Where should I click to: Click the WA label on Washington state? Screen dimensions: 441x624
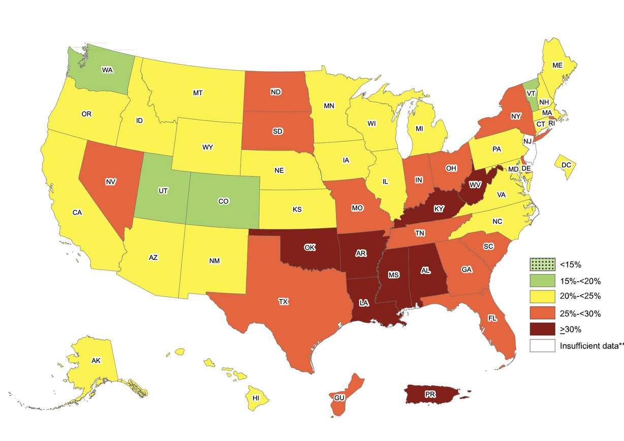point(107,70)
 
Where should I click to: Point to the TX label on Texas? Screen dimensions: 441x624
point(283,302)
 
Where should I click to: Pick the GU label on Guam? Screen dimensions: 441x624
point(339,397)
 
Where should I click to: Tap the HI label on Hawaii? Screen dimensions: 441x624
point(257,398)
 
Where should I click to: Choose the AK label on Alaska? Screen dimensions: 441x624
point(96,361)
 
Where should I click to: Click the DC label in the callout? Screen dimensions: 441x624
point(566,164)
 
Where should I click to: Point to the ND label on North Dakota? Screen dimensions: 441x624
point(275,93)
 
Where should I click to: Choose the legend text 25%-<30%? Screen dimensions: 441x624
point(580,313)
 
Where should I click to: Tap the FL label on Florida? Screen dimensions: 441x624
point(492,318)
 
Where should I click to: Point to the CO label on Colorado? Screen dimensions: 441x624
point(223,201)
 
